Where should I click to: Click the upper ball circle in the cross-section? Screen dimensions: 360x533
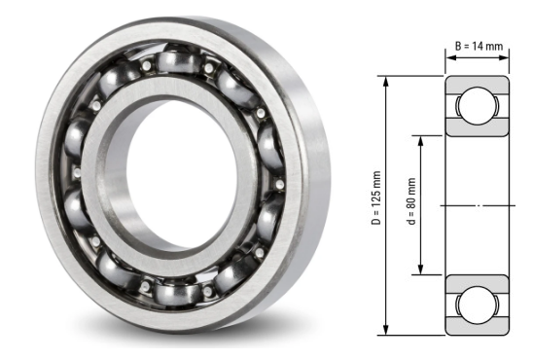tap(479, 106)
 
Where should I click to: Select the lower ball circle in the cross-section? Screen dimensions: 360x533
tap(479, 305)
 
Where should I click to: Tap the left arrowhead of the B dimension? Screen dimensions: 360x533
tap(449, 57)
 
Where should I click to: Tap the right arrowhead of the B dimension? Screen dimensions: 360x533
tap(507, 57)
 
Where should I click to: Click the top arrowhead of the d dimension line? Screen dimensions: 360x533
tap(421, 137)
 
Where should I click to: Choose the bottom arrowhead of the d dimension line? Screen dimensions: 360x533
tap(421, 271)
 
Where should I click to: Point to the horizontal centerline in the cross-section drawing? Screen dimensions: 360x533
tap(478, 205)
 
